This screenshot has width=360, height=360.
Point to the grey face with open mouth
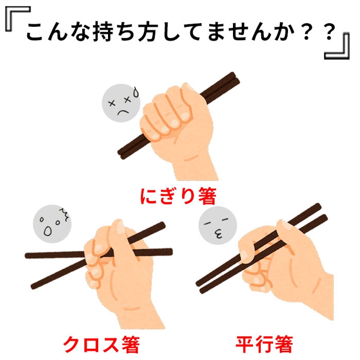click(53, 223)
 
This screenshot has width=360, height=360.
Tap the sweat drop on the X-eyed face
click(137, 90)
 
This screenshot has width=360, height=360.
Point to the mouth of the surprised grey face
click(48, 231)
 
